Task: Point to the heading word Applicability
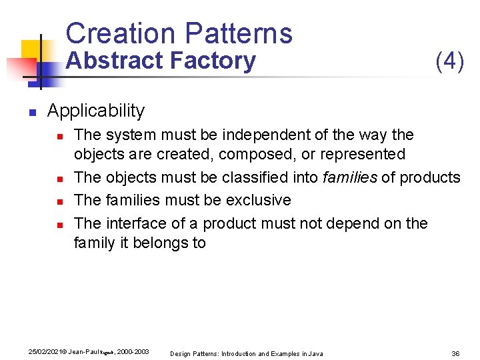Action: coord(96,111)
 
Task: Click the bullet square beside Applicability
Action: coord(31,112)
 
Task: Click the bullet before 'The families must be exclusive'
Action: coord(59,201)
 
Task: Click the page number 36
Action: coord(456,353)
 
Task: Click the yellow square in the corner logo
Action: coord(31,50)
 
